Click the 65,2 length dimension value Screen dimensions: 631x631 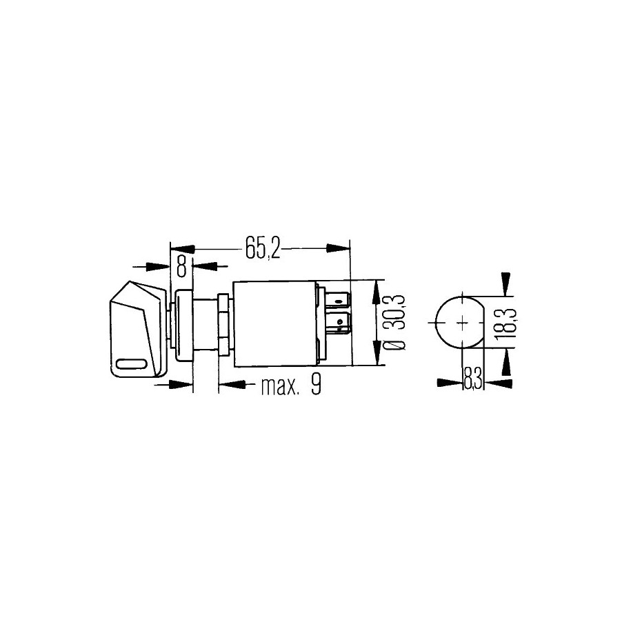263,250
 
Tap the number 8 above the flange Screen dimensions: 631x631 182,266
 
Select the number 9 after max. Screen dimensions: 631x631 316,385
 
